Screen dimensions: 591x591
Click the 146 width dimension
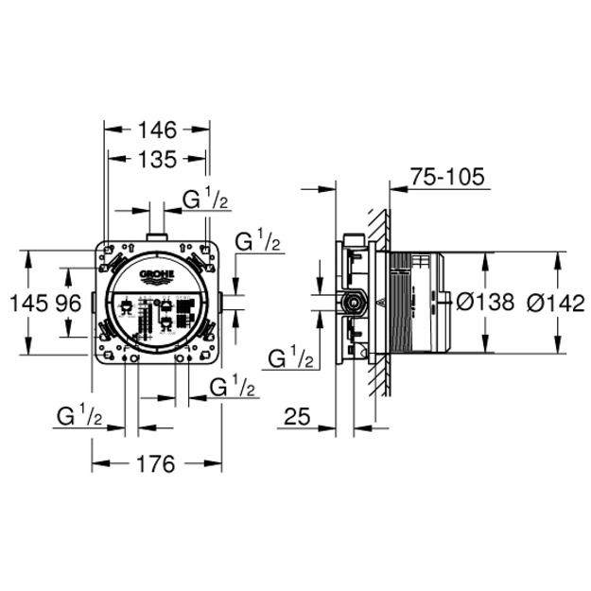[x=157, y=130]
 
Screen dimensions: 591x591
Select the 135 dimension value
[x=157, y=159]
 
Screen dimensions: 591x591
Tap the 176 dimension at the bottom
[x=156, y=463]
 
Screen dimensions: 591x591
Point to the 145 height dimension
[x=28, y=303]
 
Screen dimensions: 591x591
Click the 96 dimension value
[x=68, y=303]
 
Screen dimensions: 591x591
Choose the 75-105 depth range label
[x=447, y=177]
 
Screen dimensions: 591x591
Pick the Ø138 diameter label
[x=485, y=302]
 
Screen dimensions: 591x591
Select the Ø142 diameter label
[x=556, y=303]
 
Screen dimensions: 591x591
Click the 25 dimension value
[x=297, y=416]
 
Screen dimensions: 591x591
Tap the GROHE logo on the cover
[x=157, y=276]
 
